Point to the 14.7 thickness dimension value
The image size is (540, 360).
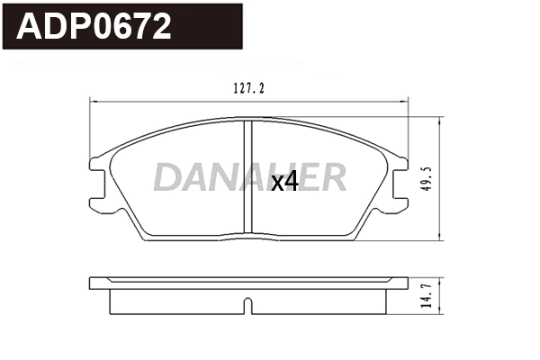(427, 295)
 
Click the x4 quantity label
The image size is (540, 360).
(284, 182)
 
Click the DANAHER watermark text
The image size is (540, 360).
(249, 177)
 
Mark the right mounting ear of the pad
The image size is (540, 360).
(400, 179)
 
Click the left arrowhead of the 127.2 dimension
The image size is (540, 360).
(94, 102)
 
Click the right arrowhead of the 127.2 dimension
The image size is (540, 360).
(406, 102)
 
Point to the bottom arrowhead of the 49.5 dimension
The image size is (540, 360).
(439, 238)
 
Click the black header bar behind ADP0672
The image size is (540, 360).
(216, 27)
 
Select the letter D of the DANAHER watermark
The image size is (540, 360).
(166, 177)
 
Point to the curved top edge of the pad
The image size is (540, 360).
(180, 128)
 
